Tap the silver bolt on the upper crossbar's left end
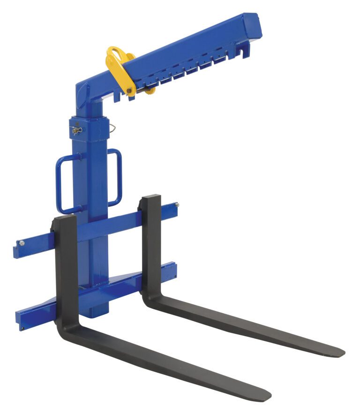(21, 243)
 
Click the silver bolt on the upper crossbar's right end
(176, 204)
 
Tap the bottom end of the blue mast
(99, 312)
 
